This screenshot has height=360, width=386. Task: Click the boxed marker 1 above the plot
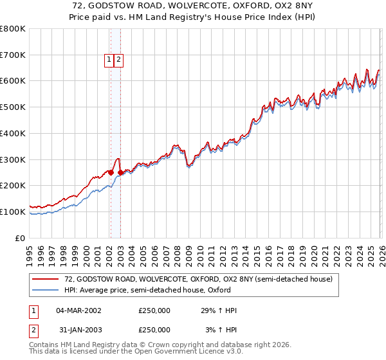click(109, 60)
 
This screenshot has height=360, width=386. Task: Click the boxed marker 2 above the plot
click(120, 60)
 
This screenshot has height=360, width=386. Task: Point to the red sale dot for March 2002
click(111, 172)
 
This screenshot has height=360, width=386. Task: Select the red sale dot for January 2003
click(120, 172)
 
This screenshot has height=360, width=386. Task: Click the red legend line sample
click(46, 280)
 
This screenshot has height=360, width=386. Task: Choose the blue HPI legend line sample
click(46, 290)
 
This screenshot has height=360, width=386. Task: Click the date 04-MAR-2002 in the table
click(78, 310)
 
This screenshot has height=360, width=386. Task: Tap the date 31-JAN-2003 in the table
click(78, 330)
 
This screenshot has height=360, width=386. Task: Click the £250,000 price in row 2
click(154, 330)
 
